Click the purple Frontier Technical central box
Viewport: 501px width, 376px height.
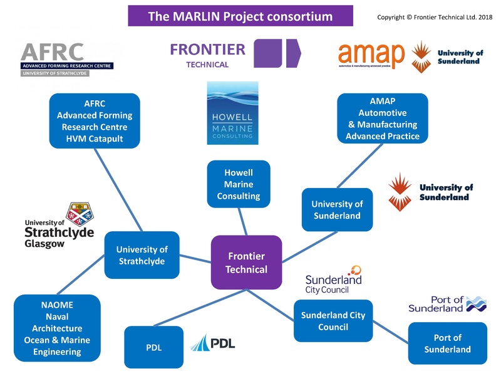point(246,263)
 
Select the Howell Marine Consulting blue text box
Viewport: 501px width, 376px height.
point(238,184)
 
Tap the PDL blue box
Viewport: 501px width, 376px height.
point(153,347)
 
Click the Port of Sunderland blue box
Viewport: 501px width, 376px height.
point(447,343)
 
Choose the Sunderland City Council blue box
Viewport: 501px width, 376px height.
point(333,321)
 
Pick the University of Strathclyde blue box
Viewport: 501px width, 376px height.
point(142,255)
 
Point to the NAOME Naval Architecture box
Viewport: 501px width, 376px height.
point(57,328)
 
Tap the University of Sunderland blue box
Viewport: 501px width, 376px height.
point(336,210)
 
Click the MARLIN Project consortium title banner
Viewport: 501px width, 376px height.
point(240,16)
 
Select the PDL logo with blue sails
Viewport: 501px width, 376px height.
point(213,343)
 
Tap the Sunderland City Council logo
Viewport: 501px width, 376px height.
point(333,279)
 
